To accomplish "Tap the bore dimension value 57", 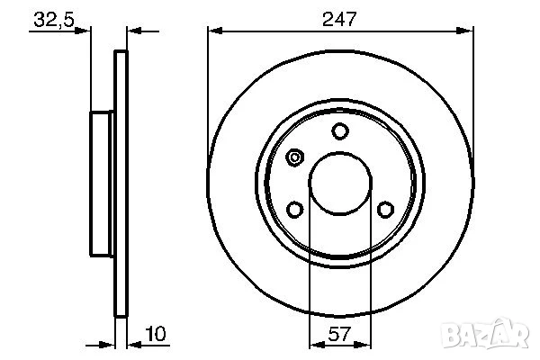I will [x=339, y=335].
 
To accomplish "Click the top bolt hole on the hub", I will [x=339, y=132].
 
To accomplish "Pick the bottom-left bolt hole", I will [x=294, y=210].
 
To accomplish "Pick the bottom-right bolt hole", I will [x=385, y=210].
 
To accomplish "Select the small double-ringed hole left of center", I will [x=294, y=158].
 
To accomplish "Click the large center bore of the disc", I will [x=339, y=184].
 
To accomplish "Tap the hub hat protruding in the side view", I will [x=102, y=184].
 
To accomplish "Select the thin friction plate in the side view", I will [x=121, y=184].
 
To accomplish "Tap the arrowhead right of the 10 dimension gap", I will [x=132, y=344].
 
